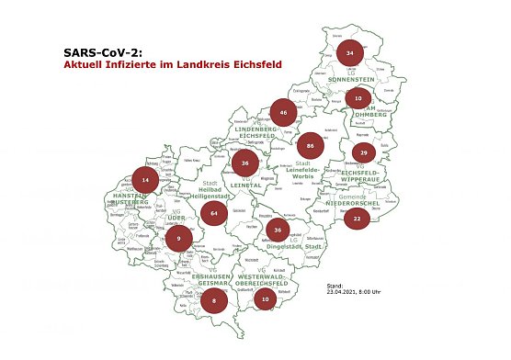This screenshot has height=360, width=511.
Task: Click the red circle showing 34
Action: click(x=350, y=54)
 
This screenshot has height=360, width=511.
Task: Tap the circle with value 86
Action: click(x=312, y=146)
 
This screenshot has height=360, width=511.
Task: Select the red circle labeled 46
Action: click(x=285, y=113)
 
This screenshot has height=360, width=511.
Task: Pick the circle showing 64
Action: click(x=213, y=213)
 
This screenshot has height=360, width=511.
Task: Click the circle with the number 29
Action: click(x=364, y=152)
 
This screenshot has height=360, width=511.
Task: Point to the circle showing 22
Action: click(x=357, y=218)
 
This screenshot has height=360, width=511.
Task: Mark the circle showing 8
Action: click(x=213, y=300)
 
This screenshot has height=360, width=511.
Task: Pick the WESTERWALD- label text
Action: click(x=265, y=276)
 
